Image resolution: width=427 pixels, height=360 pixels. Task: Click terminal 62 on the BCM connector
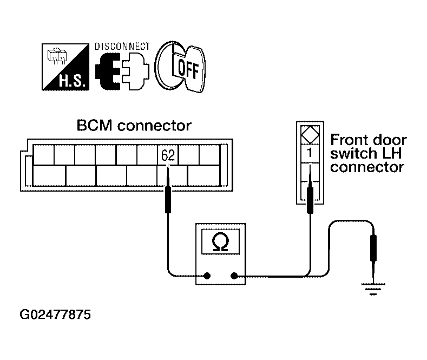[x=168, y=155]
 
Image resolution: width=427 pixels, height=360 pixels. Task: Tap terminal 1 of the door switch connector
[x=310, y=153]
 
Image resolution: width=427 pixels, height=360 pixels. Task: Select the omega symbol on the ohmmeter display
[x=220, y=241]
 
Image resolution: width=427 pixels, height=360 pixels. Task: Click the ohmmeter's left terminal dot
[x=207, y=276]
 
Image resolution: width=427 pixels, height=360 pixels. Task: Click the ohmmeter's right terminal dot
[x=234, y=276]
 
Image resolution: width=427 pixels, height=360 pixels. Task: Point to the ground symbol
[x=373, y=289]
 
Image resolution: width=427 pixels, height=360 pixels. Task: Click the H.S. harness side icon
[x=65, y=67]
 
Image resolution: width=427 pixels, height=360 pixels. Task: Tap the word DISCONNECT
[x=122, y=47]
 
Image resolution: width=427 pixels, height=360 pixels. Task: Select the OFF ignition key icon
[x=180, y=67]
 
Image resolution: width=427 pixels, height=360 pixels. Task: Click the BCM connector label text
[x=134, y=126]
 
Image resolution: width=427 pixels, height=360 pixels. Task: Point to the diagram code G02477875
[x=55, y=315]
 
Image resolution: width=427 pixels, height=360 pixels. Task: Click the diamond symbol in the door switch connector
[x=310, y=135]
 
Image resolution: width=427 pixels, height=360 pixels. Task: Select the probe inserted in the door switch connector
[x=310, y=191]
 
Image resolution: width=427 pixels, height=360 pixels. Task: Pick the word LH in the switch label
[x=392, y=154]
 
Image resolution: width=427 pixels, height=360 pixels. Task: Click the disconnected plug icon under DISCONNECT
[x=122, y=71]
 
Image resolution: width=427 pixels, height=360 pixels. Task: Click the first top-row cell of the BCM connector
[x=44, y=155]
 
